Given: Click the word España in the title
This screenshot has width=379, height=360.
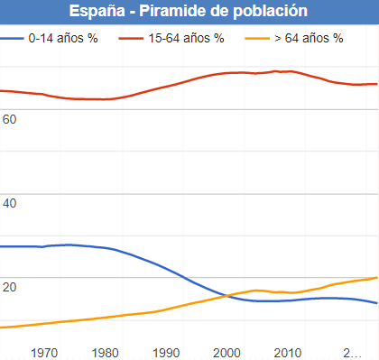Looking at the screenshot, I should pyautogui.click(x=97, y=12).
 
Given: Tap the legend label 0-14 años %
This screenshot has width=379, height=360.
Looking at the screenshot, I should pyautogui.click(x=63, y=40).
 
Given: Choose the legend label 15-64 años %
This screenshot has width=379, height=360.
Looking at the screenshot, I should pyautogui.click(x=187, y=40).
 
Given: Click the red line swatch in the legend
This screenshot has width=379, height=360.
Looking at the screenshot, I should pyautogui.click(x=128, y=40).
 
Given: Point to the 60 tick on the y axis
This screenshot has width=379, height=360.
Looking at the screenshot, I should pyautogui.click(x=10, y=119).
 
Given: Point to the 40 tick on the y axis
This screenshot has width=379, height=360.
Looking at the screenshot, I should pyautogui.click(x=10, y=204).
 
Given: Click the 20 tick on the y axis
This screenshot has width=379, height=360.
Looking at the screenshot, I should pyautogui.click(x=10, y=287).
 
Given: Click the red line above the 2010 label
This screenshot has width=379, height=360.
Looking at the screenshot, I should pyautogui.click(x=287, y=70).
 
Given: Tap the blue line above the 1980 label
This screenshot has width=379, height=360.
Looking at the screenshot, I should pyautogui.click(x=106, y=248).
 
